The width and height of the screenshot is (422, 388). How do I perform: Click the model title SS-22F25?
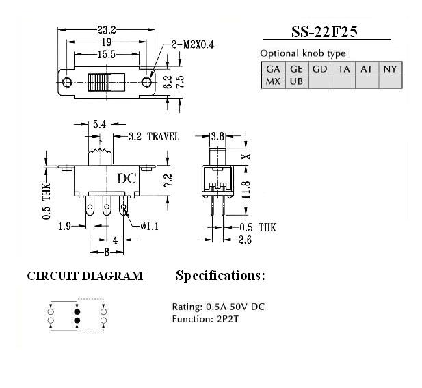coord(325,31)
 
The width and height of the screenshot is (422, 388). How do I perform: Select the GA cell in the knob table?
coord(273,69)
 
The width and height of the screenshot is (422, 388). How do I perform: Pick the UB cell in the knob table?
coord(297,81)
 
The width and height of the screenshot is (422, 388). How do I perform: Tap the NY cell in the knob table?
coord(391,69)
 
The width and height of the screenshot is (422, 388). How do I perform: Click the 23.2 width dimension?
coord(107,29)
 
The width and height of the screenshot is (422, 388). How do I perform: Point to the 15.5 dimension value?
coord(106,55)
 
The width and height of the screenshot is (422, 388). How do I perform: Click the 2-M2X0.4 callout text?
coord(193,44)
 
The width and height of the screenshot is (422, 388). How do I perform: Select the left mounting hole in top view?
coord(67,82)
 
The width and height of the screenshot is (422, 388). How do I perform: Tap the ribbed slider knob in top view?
coord(107,82)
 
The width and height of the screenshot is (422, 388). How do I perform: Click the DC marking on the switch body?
coord(127,179)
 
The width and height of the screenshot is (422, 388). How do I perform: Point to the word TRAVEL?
coord(163,136)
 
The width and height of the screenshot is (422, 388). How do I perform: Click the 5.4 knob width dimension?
coord(100,124)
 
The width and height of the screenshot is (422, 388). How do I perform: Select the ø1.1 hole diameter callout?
coord(150,227)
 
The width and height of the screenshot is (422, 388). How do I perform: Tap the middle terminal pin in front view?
coord(107,205)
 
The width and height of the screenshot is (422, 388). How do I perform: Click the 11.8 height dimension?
coord(246,190)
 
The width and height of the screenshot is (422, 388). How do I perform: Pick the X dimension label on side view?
coord(246,156)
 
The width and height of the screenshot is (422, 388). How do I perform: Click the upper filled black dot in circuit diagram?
coord(77,311)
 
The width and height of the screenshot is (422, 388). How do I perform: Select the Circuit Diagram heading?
coord(85,276)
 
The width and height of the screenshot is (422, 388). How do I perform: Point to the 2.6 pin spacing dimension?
coord(245,240)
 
